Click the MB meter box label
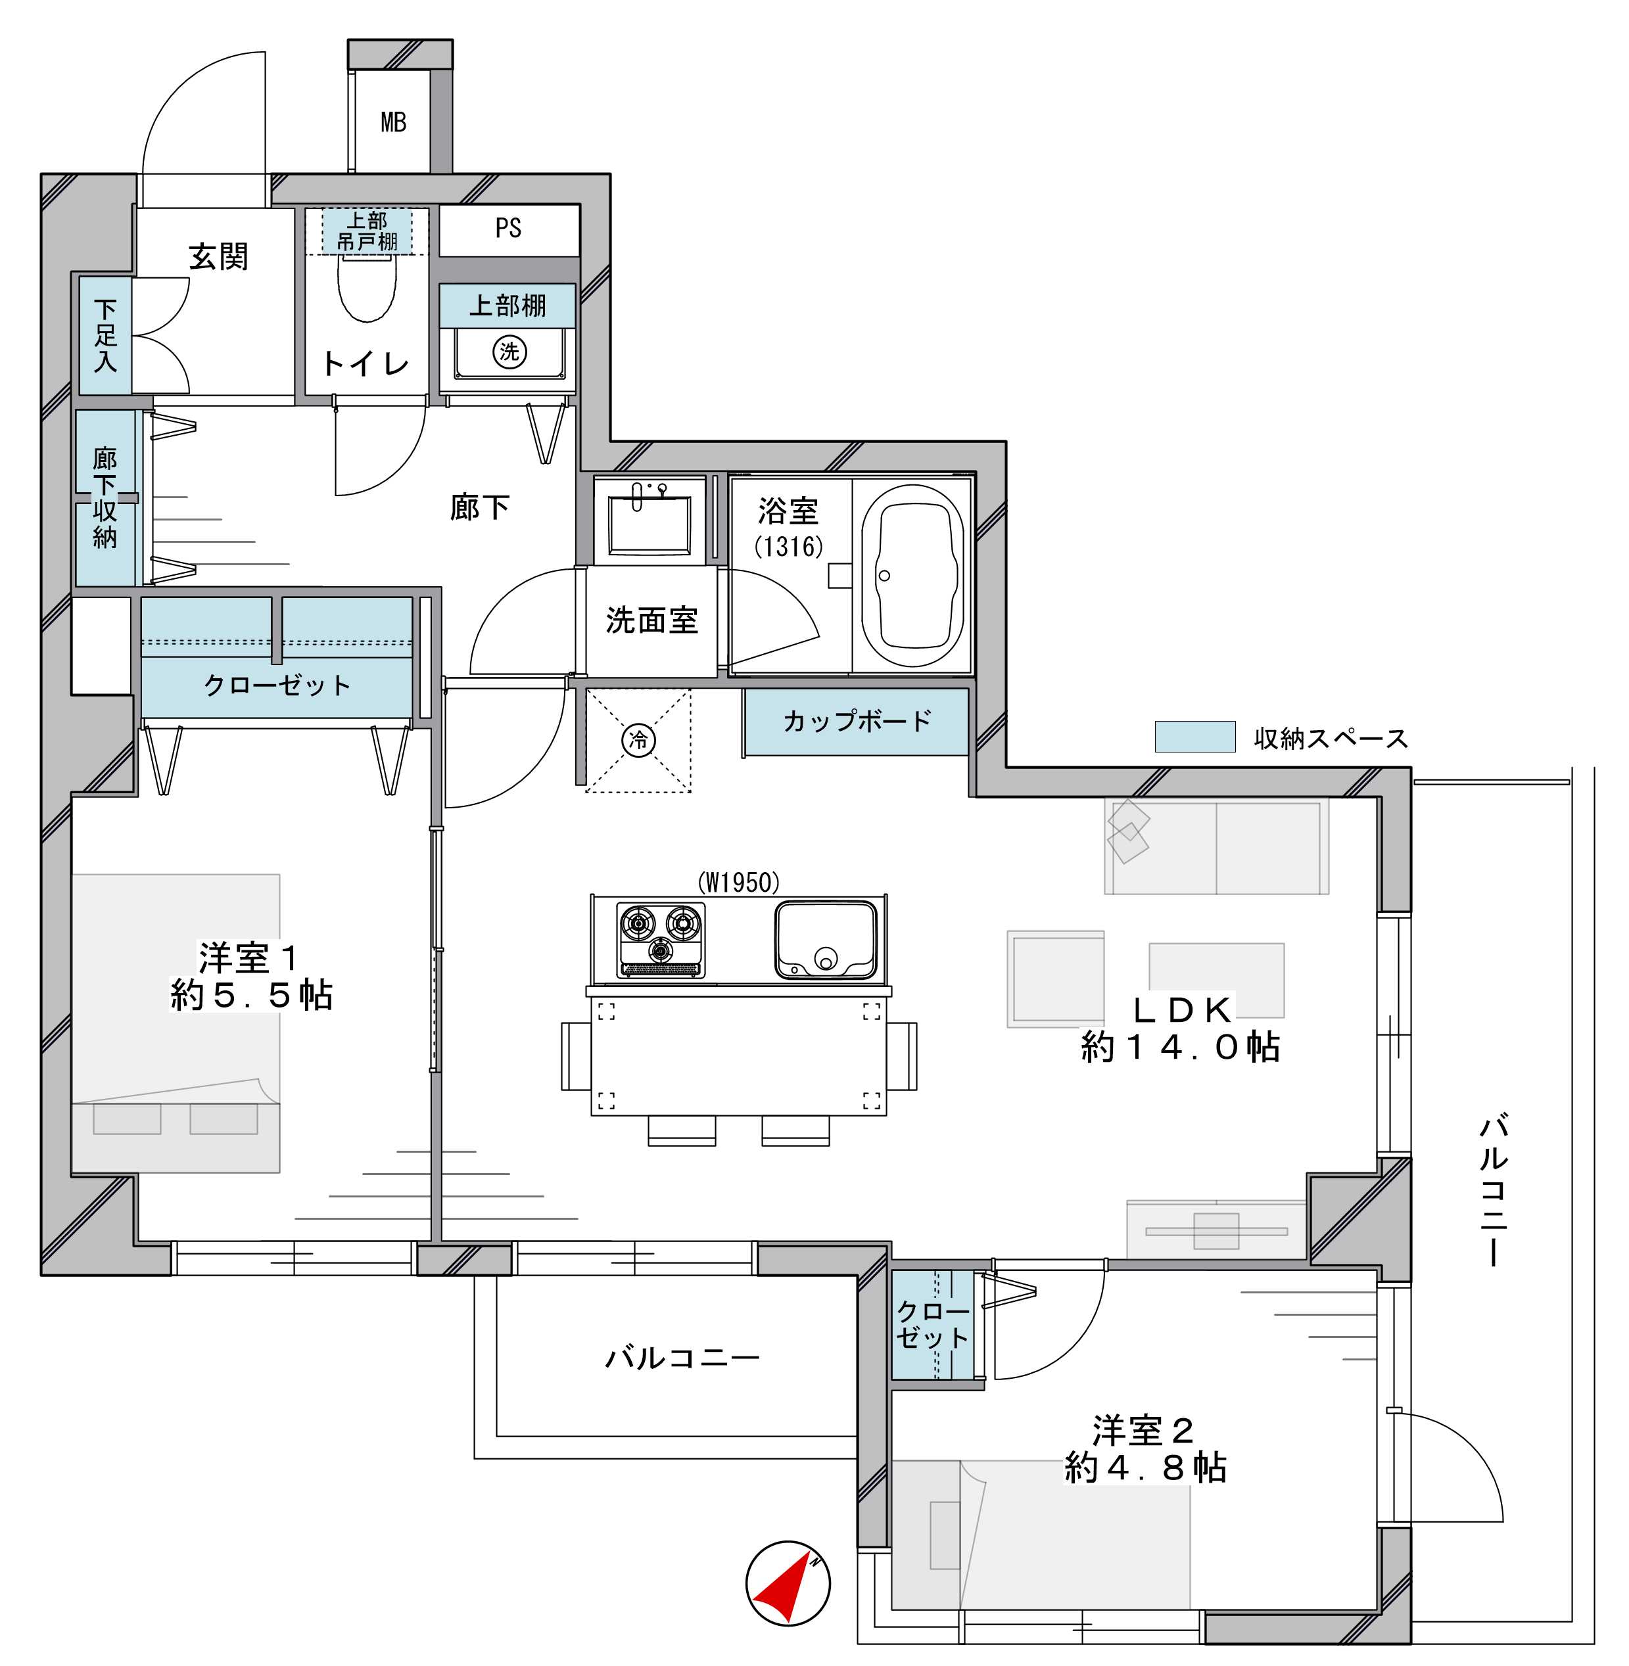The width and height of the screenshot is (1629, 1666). pyautogui.click(x=394, y=122)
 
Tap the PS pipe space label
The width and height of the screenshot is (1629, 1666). pyautogui.click(x=508, y=227)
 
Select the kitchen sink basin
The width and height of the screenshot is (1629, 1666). pyautogui.click(x=826, y=940)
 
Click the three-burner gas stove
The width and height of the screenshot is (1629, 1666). pyautogui.click(x=661, y=940)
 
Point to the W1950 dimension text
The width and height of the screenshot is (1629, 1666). pyautogui.click(x=738, y=882)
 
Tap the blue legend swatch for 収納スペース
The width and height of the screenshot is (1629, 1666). pyautogui.click(x=1194, y=736)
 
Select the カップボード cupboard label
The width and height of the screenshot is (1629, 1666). pyautogui.click(x=857, y=721)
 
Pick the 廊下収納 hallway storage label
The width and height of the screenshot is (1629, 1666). pyautogui.click(x=105, y=497)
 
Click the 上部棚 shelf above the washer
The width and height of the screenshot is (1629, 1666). pyautogui.click(x=508, y=306)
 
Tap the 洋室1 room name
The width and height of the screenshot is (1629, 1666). pyautogui.click(x=248, y=958)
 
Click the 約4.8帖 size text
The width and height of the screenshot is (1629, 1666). pyautogui.click(x=1146, y=1468)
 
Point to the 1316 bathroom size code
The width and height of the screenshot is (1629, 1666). pyautogui.click(x=788, y=545)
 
